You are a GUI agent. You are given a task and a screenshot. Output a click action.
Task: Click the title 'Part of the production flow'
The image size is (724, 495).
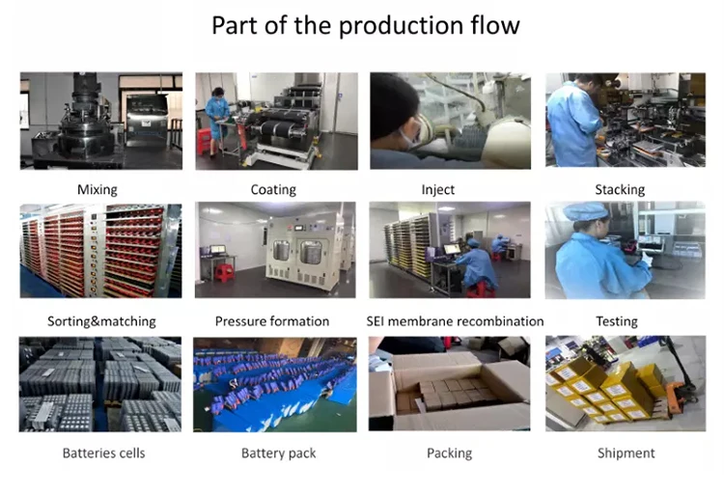(366, 26)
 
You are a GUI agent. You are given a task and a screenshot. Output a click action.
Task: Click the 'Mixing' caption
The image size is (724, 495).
(97, 190)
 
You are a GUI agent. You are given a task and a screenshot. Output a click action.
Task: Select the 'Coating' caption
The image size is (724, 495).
(273, 190)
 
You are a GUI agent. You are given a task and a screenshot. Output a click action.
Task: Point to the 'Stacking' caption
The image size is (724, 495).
(620, 190)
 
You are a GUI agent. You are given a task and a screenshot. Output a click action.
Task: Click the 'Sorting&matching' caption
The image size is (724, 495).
(101, 321)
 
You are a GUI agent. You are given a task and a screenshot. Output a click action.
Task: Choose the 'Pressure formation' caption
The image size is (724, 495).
(272, 321)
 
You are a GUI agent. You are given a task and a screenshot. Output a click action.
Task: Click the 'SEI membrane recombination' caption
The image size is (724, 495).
(455, 321)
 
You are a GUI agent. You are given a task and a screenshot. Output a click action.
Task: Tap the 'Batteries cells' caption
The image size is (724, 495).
(101, 453)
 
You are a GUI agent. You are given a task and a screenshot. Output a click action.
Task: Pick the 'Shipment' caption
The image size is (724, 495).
(626, 453)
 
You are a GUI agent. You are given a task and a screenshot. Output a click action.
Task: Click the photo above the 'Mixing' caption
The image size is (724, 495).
(101, 121)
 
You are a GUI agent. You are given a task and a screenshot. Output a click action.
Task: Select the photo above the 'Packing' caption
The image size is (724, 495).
(449, 383)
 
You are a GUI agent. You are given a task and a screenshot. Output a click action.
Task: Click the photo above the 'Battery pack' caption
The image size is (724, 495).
(275, 383)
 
